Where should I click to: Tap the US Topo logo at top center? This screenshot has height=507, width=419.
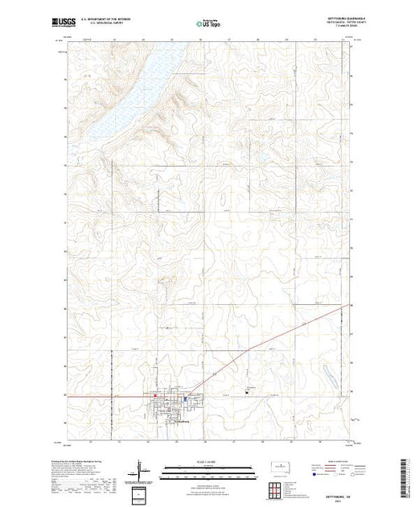[x=209, y=23]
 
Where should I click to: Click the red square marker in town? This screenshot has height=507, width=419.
[x=155, y=395]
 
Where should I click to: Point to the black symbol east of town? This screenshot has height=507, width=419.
[x=247, y=393]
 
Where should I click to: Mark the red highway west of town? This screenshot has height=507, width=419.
[x=105, y=396]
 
